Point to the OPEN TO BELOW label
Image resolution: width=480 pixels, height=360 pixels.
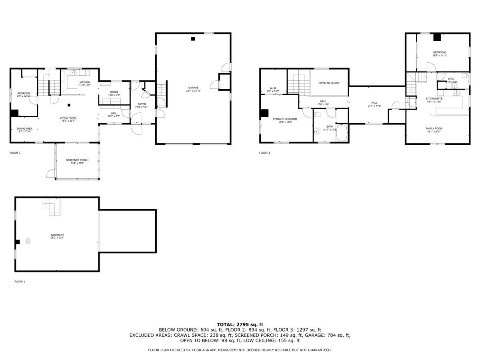click(329, 83)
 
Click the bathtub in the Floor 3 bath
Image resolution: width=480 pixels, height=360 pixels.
click(342, 133)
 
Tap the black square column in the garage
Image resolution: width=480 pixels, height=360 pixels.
click(193, 39)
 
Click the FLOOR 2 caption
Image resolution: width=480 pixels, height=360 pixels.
click(15, 153)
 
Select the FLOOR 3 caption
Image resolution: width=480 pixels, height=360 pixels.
click(264, 153)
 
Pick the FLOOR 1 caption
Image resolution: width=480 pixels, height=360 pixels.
click(20, 282)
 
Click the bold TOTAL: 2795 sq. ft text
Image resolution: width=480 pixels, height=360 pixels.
click(240, 324)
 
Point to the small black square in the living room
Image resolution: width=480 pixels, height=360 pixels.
click(69, 105)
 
